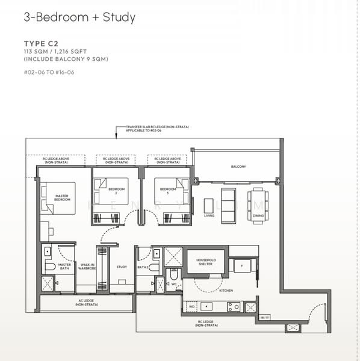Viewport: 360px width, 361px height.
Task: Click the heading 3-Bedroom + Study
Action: [79, 17]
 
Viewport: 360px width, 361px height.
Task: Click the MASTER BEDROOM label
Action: [62, 197]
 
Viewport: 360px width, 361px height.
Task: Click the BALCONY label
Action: [238, 167]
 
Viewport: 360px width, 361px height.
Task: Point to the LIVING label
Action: [209, 215]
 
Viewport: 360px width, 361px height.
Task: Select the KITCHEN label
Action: [226, 291]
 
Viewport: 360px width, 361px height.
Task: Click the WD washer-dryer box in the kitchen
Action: [191, 306]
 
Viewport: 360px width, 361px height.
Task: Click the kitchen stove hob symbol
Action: [233, 306]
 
